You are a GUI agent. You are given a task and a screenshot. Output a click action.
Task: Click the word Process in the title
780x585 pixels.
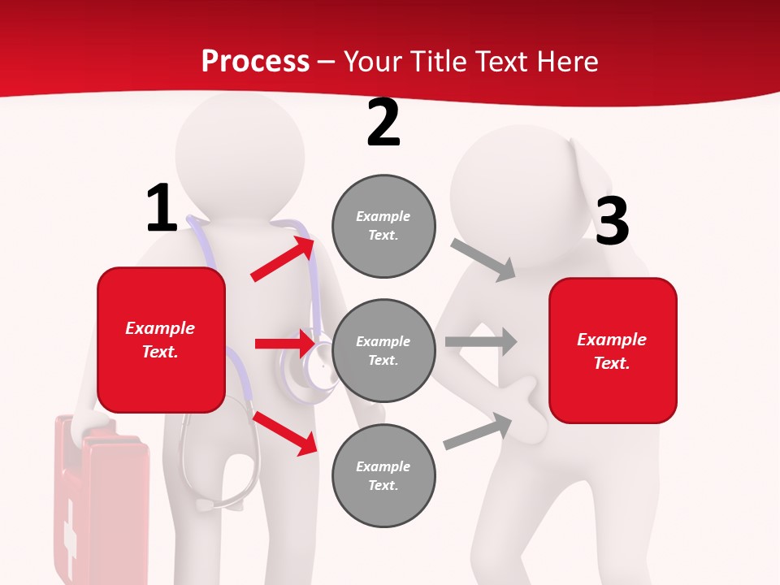[x=255, y=62]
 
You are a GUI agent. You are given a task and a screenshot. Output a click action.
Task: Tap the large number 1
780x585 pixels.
[x=162, y=209]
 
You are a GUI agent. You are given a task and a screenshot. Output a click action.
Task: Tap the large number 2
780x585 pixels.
[x=383, y=123]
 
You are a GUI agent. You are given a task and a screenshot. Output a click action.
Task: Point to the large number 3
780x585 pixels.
[x=612, y=222]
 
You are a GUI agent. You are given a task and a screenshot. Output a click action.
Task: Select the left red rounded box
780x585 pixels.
[x=161, y=340]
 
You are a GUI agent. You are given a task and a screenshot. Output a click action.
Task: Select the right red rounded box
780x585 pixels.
[x=613, y=351]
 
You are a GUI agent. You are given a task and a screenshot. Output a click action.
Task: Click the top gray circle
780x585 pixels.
[x=383, y=226]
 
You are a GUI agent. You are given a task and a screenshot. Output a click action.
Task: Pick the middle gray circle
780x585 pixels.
[x=383, y=350]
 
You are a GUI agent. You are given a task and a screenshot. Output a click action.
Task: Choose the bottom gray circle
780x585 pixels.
[x=383, y=475]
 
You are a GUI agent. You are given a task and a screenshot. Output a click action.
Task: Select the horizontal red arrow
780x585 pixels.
[x=284, y=344]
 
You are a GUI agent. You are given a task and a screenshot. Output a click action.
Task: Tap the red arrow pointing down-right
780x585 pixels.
[x=284, y=432]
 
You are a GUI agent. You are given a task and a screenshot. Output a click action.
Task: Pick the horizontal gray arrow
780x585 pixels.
[x=480, y=341]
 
